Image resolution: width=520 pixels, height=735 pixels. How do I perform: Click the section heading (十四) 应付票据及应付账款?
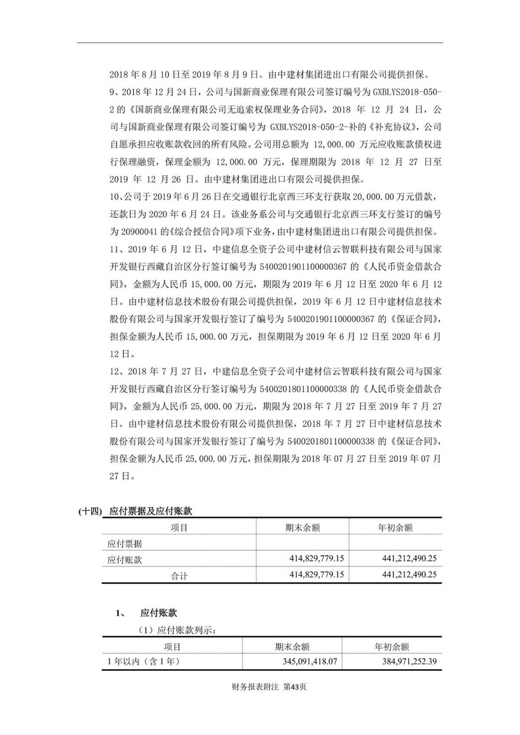[x=136, y=511]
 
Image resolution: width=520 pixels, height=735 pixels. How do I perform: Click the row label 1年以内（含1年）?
[x=143, y=661]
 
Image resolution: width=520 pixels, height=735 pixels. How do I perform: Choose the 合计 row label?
[x=179, y=576]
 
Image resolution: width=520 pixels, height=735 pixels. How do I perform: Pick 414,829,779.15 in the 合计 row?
[x=316, y=575]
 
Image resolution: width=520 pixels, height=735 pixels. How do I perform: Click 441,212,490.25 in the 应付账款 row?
[x=409, y=558]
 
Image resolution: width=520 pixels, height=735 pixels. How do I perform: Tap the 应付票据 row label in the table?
[x=125, y=544]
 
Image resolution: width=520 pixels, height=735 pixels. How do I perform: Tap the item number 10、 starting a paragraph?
[x=115, y=197]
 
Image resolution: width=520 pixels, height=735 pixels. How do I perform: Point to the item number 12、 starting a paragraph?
[x=115, y=372]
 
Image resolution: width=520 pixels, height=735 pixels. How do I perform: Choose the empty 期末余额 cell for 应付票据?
[x=302, y=543]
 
